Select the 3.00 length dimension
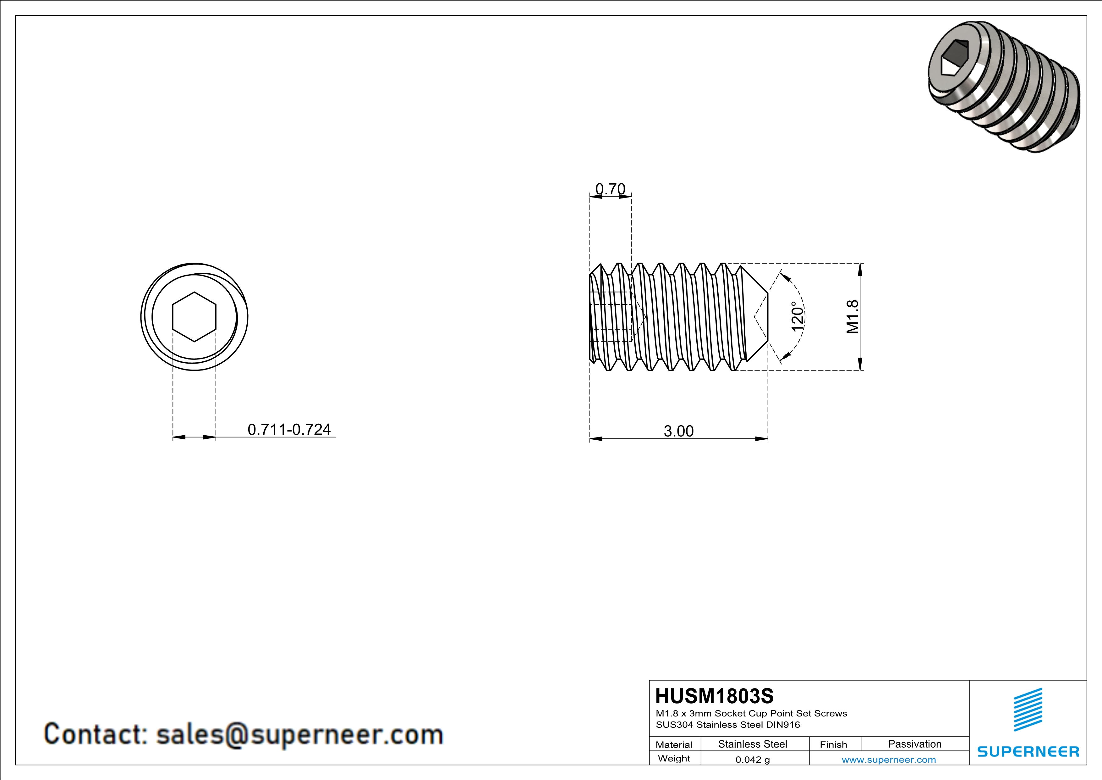coord(678,431)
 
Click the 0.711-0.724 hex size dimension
coord(289,429)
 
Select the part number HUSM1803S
coord(714,696)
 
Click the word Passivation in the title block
coord(914,744)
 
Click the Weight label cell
coord(674,758)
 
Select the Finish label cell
coord(833,744)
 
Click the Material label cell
coord(674,744)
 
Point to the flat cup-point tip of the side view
coord(767,317)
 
